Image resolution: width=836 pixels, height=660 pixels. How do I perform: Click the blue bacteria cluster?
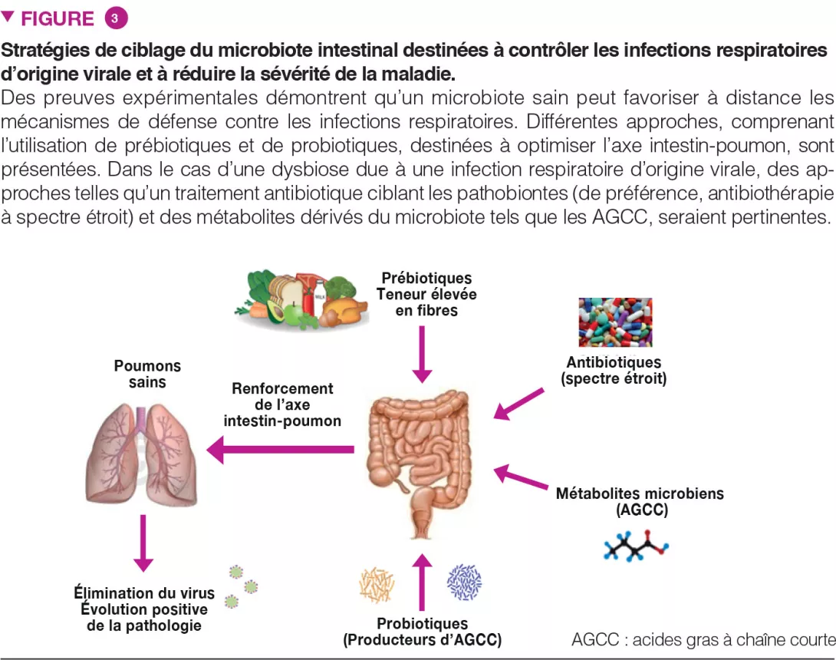click(465, 582)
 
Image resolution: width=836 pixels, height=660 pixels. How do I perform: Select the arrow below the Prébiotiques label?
click(421, 354)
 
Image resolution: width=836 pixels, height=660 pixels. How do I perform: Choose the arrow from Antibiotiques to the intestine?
click(518, 404)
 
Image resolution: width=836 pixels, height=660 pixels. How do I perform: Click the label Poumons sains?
click(147, 374)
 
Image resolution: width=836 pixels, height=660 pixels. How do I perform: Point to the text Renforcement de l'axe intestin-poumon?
click(282, 404)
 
